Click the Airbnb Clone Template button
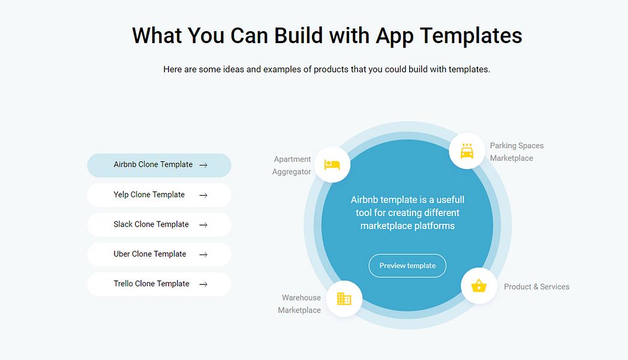(x=159, y=165)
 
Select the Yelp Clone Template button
(x=159, y=195)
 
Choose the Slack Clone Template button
(x=159, y=224)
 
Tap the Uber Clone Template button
(x=159, y=254)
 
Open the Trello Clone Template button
(x=159, y=284)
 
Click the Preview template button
(x=407, y=265)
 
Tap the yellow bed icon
(x=332, y=164)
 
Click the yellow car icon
(x=467, y=151)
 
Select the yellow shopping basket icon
(x=479, y=286)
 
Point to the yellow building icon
(x=344, y=299)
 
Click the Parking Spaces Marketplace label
(x=516, y=152)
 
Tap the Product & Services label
(x=537, y=287)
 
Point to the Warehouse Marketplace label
(x=299, y=304)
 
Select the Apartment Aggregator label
(x=292, y=166)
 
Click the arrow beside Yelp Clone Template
(x=203, y=195)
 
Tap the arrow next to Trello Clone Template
(x=203, y=284)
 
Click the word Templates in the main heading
(x=471, y=35)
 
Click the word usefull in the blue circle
(x=450, y=199)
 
